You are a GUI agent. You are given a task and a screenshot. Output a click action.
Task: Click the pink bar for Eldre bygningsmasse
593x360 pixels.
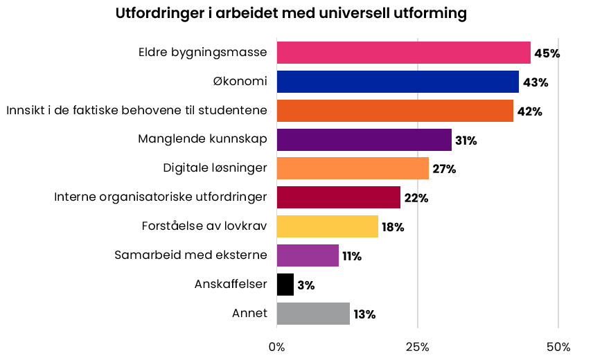pyautogui.click(x=403, y=53)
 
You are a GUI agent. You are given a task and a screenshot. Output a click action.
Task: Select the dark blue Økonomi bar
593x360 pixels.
pyautogui.click(x=398, y=82)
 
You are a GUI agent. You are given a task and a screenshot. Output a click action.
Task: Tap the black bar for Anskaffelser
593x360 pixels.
pyautogui.click(x=285, y=285)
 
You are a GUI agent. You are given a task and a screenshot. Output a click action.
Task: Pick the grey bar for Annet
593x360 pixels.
pyautogui.click(x=313, y=314)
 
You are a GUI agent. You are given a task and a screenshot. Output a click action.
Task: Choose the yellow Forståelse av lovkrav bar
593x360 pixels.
pyautogui.click(x=327, y=226)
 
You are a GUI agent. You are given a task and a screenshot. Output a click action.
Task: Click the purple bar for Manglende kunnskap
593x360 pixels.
pyautogui.click(x=364, y=140)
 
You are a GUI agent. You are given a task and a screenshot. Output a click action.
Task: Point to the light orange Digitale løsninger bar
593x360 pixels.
pyautogui.click(x=353, y=168)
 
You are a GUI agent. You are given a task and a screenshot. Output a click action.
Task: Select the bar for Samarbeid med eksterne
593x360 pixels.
pyautogui.click(x=308, y=255)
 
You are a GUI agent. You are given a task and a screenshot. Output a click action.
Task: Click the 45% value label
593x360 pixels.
pyautogui.click(x=547, y=53)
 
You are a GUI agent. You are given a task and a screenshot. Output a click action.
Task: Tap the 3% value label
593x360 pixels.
pyautogui.click(x=306, y=285)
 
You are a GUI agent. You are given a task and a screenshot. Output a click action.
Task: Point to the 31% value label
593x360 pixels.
pyautogui.click(x=466, y=141)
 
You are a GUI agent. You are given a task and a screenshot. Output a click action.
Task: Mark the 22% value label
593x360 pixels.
pyautogui.click(x=416, y=199)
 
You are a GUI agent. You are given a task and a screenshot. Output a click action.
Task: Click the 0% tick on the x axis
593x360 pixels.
pyautogui.click(x=276, y=346)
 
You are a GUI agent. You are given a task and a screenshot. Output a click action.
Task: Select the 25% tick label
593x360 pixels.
pyautogui.click(x=418, y=346)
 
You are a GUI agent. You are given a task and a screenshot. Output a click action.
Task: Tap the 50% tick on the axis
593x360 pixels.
pyautogui.click(x=558, y=346)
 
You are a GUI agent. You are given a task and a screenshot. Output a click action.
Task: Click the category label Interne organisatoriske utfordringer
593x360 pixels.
pyautogui.click(x=161, y=197)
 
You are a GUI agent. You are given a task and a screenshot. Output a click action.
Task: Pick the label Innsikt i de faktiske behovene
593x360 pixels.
pyautogui.click(x=136, y=111)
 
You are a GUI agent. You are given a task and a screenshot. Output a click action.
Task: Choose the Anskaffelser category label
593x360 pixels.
pyautogui.click(x=231, y=284)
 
